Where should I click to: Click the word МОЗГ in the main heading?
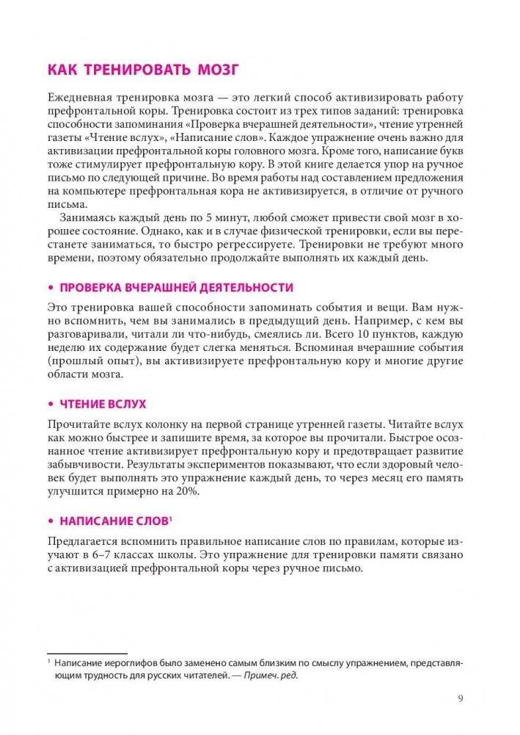coord(213,70)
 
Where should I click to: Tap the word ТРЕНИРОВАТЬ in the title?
coord(132,70)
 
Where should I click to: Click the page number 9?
coord(460,698)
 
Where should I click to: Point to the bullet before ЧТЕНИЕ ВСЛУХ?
coord(51,405)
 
